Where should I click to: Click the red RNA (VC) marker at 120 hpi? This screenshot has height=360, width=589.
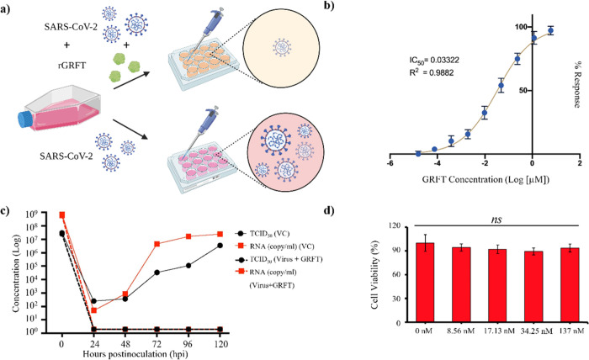(219, 234)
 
